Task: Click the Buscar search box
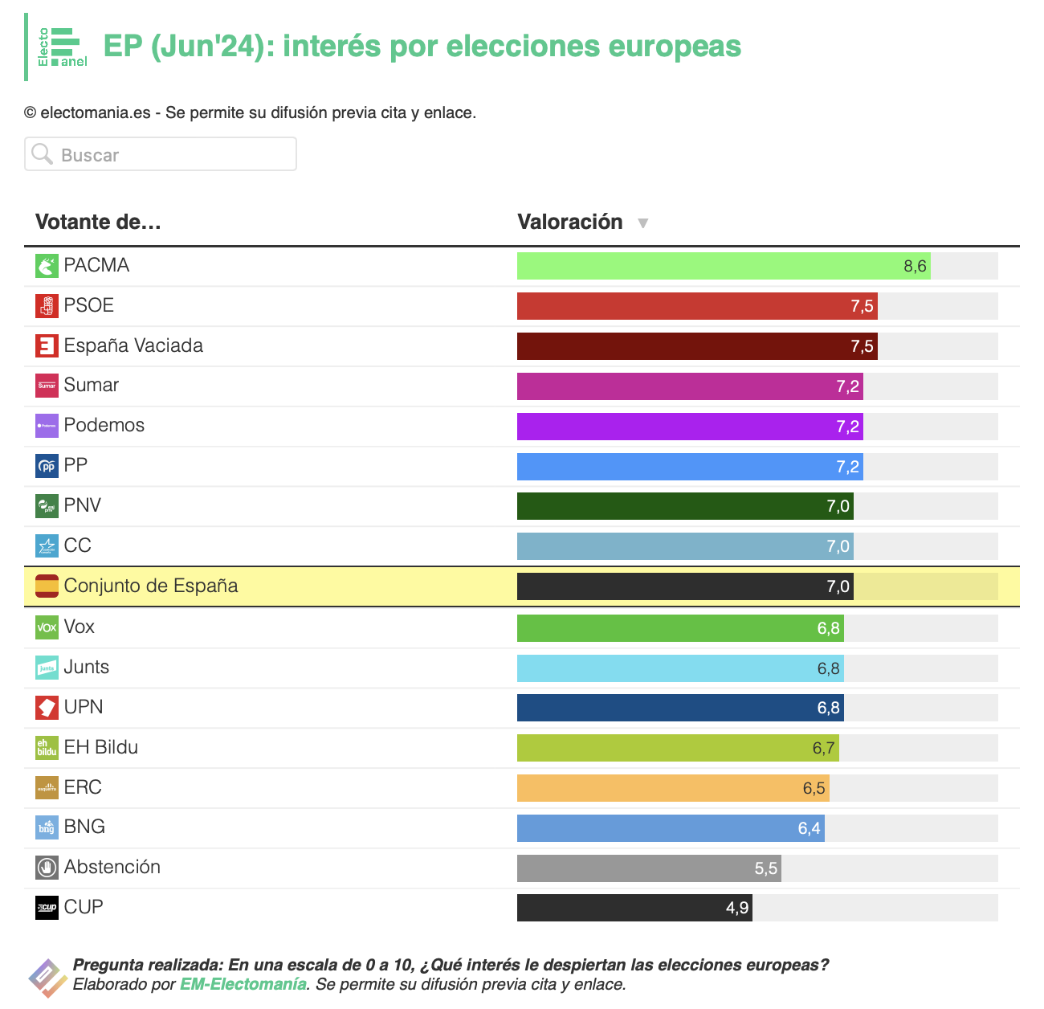click(160, 154)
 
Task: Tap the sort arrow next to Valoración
click(642, 223)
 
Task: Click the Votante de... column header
click(98, 222)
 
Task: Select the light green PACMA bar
click(724, 266)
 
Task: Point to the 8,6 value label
click(915, 266)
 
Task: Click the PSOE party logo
click(47, 306)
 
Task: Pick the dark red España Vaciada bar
click(697, 346)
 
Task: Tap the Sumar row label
click(92, 385)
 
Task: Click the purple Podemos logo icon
click(47, 426)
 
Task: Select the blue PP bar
click(690, 467)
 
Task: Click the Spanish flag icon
click(47, 586)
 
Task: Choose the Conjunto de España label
click(151, 586)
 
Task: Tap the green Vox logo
click(47, 627)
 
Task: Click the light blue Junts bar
click(680, 668)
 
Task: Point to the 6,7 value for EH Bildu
click(823, 748)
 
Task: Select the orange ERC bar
click(673, 788)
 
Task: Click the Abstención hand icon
click(47, 868)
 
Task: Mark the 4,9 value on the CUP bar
click(736, 908)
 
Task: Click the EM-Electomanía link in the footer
click(243, 984)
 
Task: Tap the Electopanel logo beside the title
click(62, 47)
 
